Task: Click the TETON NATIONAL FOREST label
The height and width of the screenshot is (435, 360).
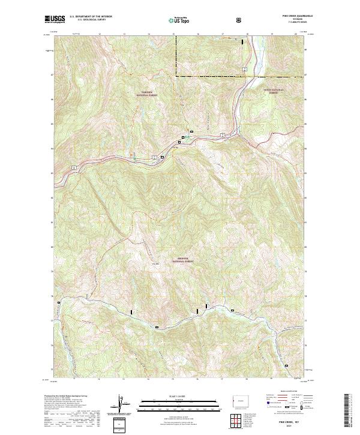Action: coord(274,92)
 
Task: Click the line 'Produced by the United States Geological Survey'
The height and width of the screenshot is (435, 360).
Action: coord(66,396)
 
